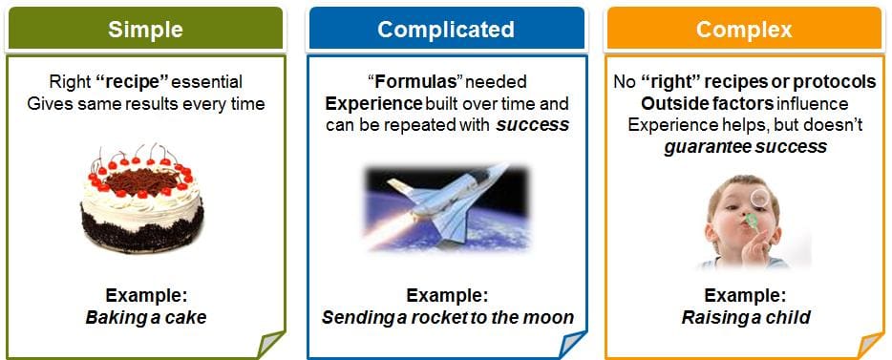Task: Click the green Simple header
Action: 145,29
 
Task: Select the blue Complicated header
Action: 446,29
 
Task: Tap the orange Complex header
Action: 744,29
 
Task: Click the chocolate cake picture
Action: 141,198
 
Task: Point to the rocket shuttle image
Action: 447,208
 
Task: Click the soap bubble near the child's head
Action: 759,198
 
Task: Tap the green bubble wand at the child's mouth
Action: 751,222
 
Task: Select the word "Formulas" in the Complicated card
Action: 415,82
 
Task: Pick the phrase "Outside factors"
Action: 707,103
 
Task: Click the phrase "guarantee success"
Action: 745,147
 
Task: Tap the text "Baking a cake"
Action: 145,317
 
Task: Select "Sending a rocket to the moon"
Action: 448,317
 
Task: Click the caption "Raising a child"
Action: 746,317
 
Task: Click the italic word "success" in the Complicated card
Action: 533,125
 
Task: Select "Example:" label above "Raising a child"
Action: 745,296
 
